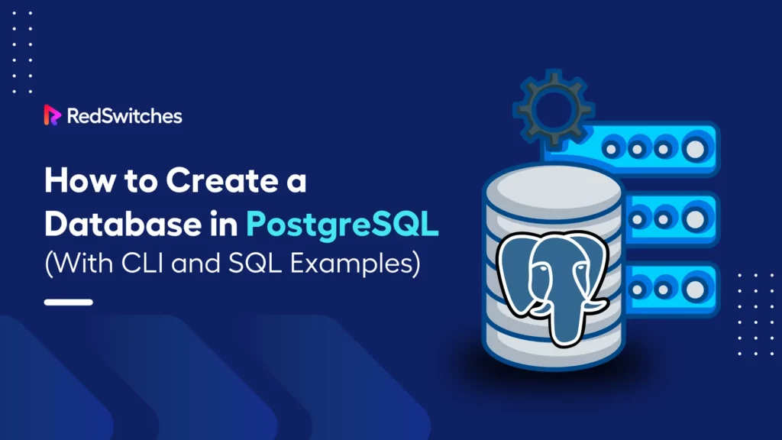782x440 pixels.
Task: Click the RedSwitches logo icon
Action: (x=52, y=115)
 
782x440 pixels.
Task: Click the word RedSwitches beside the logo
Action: (x=124, y=116)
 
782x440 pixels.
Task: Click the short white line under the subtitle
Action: (x=69, y=302)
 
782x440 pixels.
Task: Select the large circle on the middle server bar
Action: (x=694, y=218)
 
